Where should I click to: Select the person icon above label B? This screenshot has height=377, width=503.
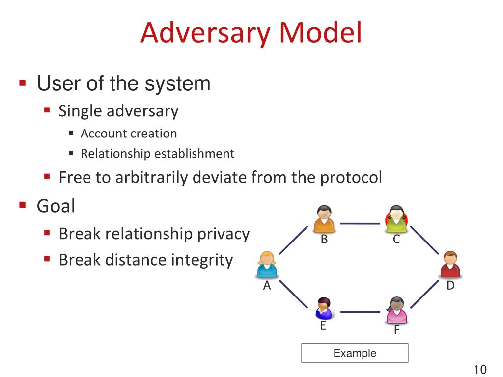pos(324,219)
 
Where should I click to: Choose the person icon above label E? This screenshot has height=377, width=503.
pos(324,308)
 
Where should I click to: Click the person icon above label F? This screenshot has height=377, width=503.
pos(396,310)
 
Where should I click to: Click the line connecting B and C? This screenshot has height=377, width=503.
pos(360,224)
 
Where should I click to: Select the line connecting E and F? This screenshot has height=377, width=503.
pos(360,312)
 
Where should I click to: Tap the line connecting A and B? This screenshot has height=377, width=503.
pos(293,240)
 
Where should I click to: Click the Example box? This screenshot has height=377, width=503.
pos(355,353)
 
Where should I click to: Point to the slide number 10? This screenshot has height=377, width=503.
pos(480,369)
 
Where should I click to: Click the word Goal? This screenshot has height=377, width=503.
pos(56,205)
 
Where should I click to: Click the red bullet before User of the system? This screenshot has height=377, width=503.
pos(22,83)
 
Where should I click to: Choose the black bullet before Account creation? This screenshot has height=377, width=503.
pos(71,133)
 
